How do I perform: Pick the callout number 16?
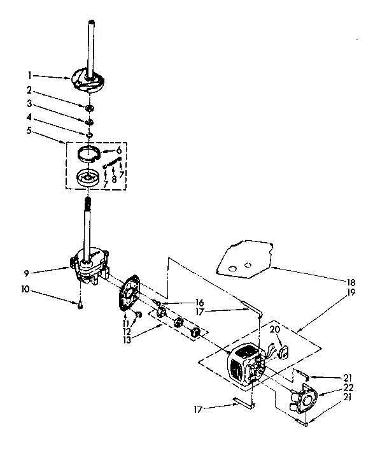coord(199,303)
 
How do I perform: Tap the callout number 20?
coord(275,329)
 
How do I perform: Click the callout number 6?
coord(119,150)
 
